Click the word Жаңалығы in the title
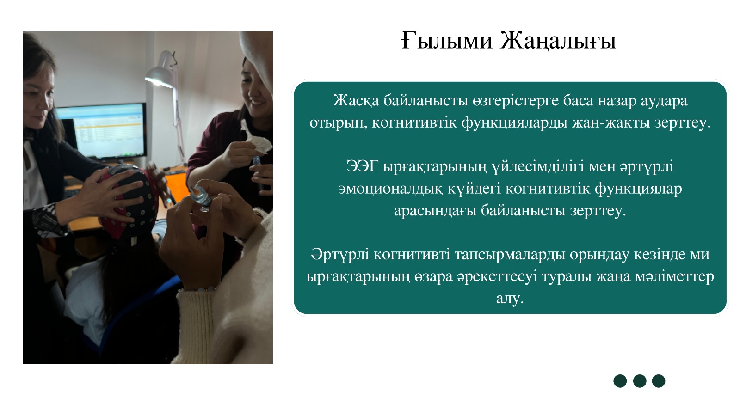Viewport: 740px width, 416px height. click(x=558, y=41)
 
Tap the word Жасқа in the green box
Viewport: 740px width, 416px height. click(x=356, y=101)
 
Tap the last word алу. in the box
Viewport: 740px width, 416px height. click(x=510, y=299)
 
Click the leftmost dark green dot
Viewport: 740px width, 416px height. click(x=620, y=381)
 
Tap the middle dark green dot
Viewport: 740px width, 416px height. click(x=640, y=381)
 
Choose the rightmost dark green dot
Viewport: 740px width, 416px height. click(x=659, y=381)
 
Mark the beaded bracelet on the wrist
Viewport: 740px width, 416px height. click(x=197, y=289)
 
